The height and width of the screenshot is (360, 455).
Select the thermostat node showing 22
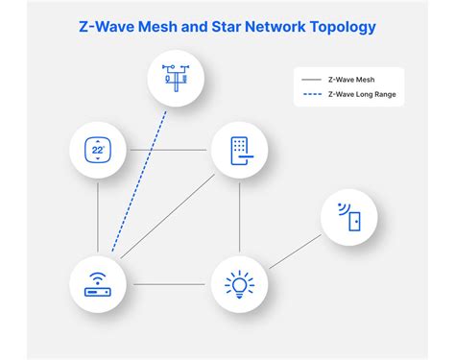[x=98, y=150]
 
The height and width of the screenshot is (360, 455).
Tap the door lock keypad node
[x=239, y=150]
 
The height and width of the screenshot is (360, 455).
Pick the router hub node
[x=98, y=284]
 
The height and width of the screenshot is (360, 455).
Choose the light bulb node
[x=239, y=284]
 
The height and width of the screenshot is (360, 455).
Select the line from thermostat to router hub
[x=98, y=217]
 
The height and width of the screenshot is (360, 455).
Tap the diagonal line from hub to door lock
[x=168, y=217]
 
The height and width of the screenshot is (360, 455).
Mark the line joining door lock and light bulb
[x=239, y=217]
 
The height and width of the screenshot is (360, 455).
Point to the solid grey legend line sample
[x=310, y=79]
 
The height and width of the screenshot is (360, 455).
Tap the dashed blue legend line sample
[x=310, y=94]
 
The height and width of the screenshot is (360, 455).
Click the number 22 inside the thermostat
[x=97, y=151]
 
